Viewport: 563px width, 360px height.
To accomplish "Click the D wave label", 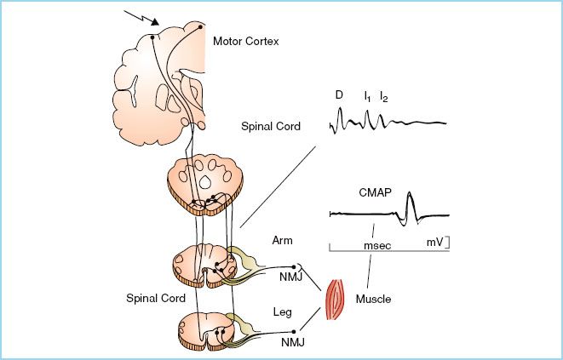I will point(338,95).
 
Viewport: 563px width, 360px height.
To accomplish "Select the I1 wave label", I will point(366,95).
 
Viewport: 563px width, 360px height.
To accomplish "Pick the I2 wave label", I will point(385,95).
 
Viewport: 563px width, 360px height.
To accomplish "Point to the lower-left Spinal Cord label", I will point(153,300).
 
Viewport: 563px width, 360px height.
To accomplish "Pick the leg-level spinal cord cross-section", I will point(204,330).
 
